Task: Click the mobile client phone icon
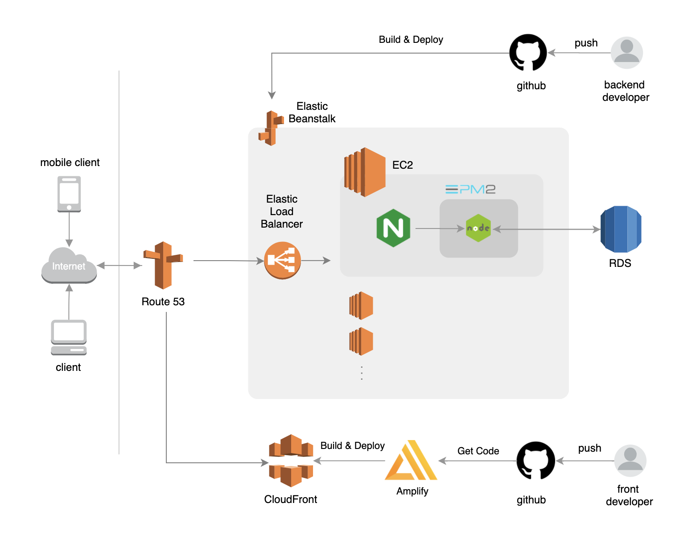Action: click(x=69, y=194)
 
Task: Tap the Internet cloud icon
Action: click(x=69, y=266)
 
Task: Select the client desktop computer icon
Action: click(x=69, y=337)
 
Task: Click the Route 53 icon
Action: click(x=163, y=265)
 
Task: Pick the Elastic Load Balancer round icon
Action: click(x=282, y=260)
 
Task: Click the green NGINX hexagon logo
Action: click(x=393, y=228)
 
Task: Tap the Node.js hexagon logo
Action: click(x=478, y=228)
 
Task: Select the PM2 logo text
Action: click(x=470, y=189)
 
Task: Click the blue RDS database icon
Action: click(x=621, y=229)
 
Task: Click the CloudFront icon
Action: click(x=291, y=461)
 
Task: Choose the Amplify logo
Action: click(x=412, y=461)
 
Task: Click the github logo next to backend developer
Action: click(x=528, y=53)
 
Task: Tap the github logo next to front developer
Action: click(x=535, y=461)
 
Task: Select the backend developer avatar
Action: click(x=626, y=53)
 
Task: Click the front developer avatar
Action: click(x=630, y=461)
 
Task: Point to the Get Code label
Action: click(x=478, y=451)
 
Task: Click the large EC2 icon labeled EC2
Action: click(x=365, y=172)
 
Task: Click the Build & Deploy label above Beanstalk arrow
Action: click(x=411, y=40)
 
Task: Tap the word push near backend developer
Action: click(x=586, y=43)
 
